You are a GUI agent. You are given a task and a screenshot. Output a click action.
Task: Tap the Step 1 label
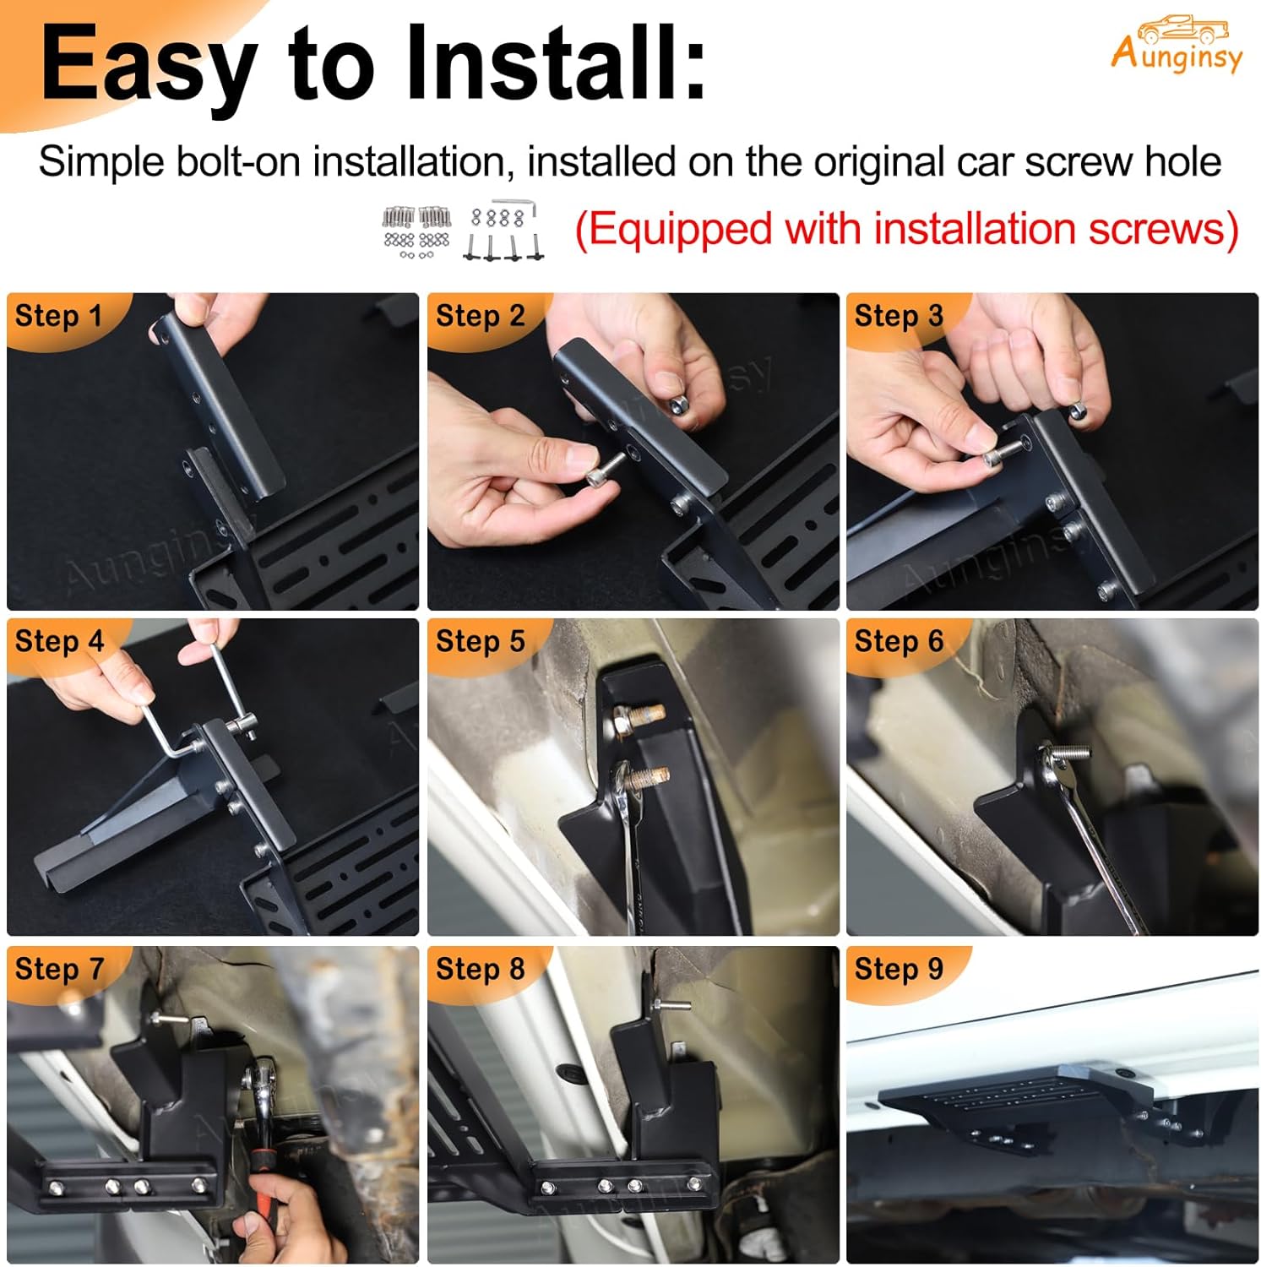58,316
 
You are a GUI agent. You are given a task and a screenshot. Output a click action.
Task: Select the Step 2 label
480,316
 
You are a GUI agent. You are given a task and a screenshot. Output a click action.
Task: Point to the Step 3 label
899,316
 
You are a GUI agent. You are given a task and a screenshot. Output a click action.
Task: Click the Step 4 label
58,641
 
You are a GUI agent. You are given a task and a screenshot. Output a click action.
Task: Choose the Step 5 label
480,641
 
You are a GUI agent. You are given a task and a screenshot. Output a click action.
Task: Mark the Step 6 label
899,641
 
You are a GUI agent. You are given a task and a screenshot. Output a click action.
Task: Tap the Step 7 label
58,969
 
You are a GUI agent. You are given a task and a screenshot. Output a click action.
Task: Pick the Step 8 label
480,969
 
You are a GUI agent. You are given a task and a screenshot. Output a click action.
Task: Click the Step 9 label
899,969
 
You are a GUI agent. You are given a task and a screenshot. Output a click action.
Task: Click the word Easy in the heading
148,66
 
